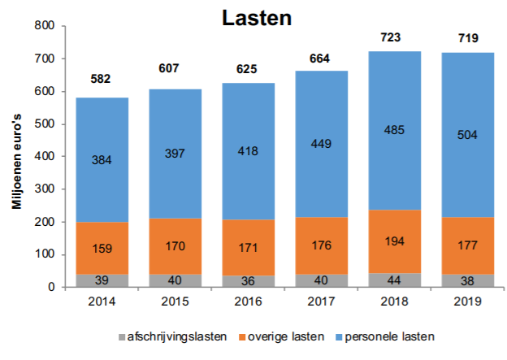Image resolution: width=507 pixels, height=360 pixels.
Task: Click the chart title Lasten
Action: (257, 17)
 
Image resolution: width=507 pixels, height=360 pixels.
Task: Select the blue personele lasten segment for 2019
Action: (467, 114)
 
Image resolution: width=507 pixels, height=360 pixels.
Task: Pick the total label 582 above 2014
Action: (101, 79)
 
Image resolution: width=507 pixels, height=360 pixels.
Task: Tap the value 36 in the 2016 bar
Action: (249, 280)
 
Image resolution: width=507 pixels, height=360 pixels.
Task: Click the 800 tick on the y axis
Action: (45, 26)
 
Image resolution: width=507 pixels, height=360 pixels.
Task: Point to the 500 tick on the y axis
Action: (45, 124)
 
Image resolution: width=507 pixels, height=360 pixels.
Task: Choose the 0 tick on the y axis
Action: (50, 287)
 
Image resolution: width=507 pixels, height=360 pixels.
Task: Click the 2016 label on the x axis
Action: (249, 301)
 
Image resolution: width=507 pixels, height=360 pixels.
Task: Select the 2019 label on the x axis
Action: (467, 301)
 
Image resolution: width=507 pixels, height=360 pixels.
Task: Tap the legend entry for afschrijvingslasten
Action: (167, 336)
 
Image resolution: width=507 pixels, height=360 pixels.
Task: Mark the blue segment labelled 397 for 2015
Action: (175, 154)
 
